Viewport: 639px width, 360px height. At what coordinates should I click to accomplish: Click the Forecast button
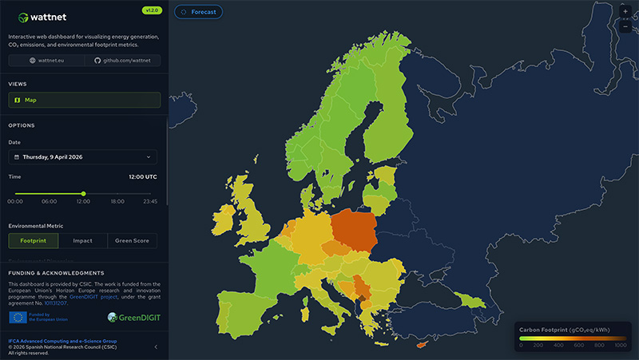(199, 12)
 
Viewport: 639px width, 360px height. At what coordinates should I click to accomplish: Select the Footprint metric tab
(34, 240)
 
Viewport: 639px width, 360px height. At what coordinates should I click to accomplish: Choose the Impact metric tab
(82, 240)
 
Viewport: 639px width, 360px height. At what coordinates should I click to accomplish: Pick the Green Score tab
(132, 240)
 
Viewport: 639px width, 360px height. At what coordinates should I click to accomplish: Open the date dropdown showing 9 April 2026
(83, 157)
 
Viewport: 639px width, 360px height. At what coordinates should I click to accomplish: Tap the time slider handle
(83, 193)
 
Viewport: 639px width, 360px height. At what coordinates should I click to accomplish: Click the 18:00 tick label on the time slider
(117, 202)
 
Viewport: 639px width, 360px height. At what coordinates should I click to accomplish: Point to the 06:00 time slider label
(49, 202)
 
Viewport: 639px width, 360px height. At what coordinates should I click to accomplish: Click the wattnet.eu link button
(46, 61)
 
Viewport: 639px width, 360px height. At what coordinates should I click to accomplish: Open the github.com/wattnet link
(123, 61)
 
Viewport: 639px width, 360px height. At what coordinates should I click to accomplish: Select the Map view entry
(84, 100)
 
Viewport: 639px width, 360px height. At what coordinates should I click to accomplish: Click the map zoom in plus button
(625, 12)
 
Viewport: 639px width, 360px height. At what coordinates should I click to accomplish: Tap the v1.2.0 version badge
(151, 10)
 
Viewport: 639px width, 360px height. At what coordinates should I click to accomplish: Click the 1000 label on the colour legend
(620, 345)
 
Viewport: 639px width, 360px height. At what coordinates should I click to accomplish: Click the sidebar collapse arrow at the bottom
(156, 346)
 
